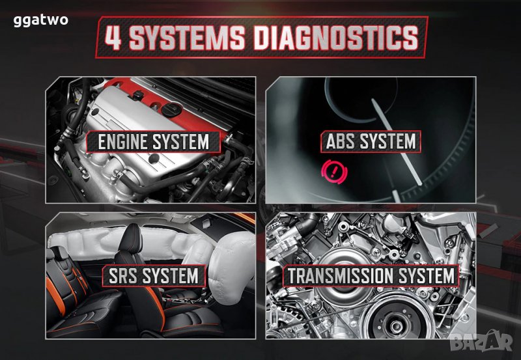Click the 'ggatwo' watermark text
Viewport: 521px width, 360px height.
coord(40,21)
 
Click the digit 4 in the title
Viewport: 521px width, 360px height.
coord(113,38)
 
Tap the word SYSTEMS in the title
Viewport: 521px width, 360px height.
coord(187,38)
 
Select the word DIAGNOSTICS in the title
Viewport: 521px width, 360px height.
coord(335,38)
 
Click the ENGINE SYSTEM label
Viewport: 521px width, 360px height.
coord(153,142)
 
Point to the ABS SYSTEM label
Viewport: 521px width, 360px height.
coord(371,141)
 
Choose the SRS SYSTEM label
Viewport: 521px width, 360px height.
coord(154,276)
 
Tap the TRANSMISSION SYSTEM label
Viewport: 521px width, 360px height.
coord(371,276)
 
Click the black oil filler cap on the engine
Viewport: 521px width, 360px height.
coord(172,109)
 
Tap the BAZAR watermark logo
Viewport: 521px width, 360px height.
coord(482,341)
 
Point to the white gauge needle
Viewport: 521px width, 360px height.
coord(396,141)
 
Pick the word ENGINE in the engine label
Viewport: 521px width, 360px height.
coord(122,142)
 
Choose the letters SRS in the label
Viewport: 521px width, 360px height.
coord(122,276)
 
